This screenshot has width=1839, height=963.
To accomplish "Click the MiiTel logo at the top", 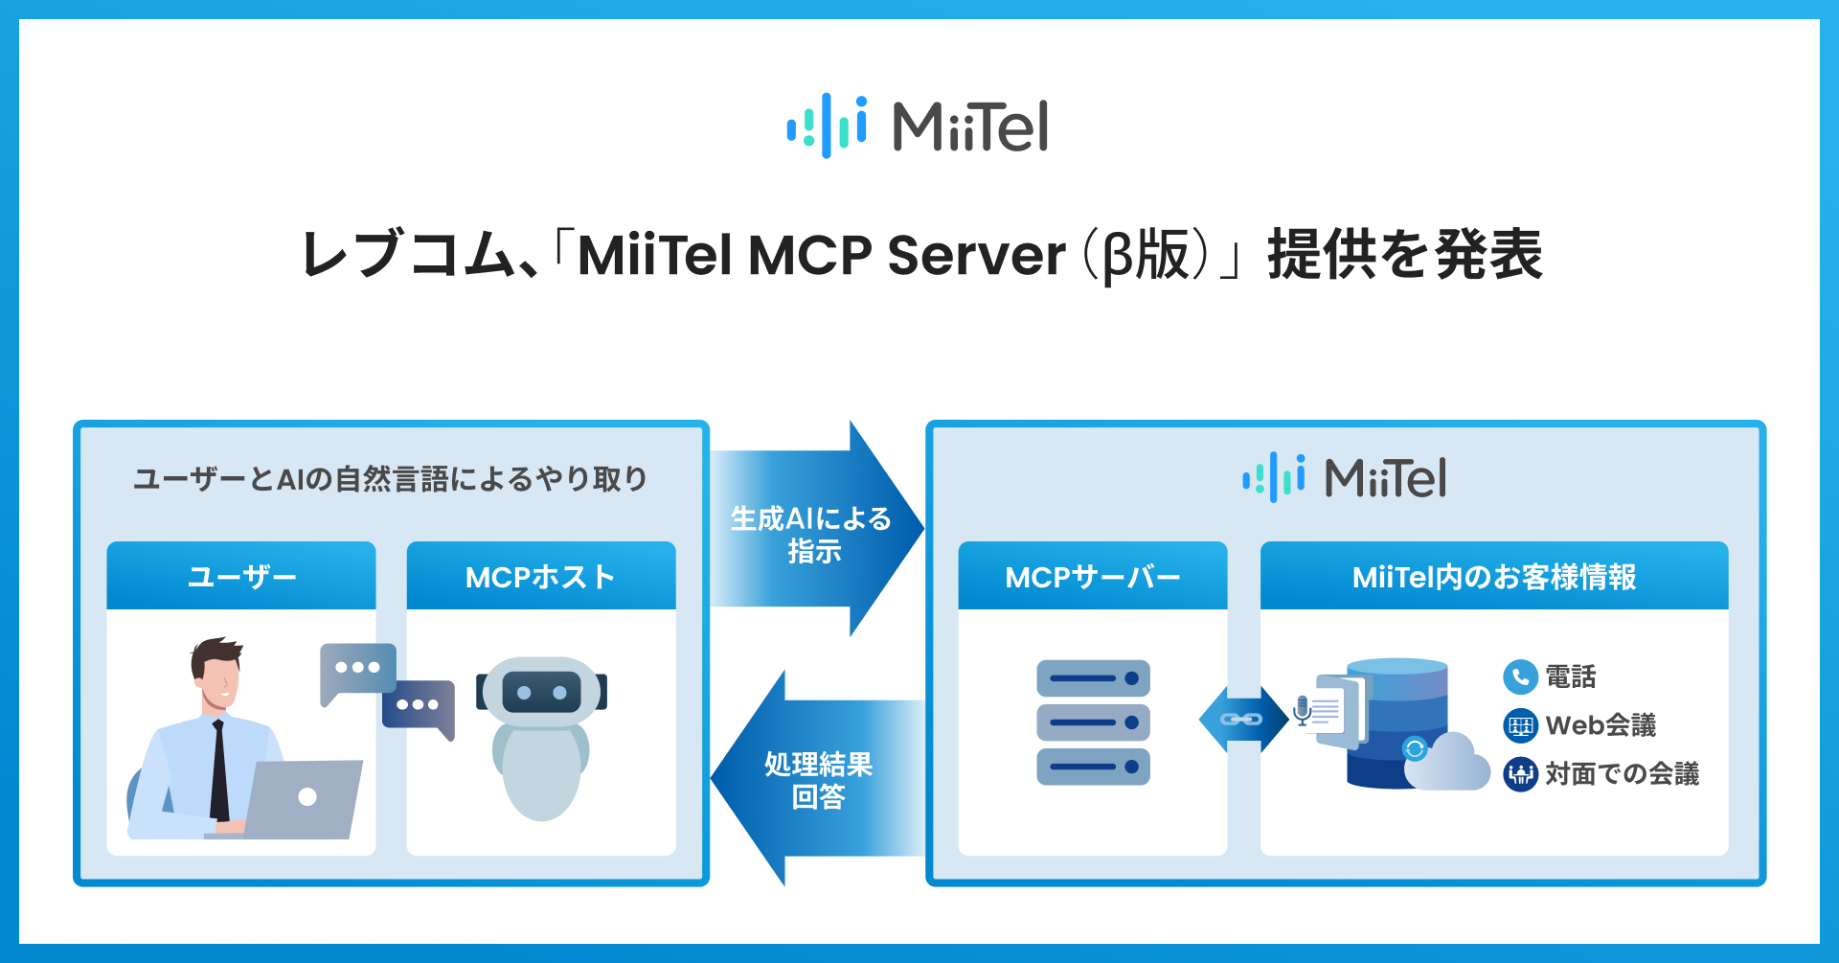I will coord(918,126).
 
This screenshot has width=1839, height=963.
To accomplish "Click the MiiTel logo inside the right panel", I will coord(1344,477).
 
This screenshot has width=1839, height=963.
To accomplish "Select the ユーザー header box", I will coord(241,576).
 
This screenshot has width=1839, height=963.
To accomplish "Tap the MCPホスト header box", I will coord(541,576).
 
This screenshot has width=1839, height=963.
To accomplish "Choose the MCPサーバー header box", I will coord(1093,576).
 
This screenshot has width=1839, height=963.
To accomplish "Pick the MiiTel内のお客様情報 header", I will coord(1494,576).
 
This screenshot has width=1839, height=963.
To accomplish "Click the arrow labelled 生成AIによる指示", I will coord(814,530).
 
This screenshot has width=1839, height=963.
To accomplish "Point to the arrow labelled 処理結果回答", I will coord(816,778).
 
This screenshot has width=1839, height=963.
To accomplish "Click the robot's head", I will coord(541,691).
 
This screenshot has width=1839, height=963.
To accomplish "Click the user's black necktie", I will coord(219,771).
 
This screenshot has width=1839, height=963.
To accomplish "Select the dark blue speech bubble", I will coord(419,706).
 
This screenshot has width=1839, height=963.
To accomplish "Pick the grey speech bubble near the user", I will coord(357,669).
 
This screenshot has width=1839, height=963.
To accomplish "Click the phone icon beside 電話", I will coord(1519,677).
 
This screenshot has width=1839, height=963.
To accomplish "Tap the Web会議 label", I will coord(1601,725).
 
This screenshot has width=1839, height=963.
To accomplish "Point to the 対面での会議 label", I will coord(1622,773).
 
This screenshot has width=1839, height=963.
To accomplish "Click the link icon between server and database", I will coord(1242,719).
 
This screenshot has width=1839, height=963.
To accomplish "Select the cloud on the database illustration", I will coord(1448,764).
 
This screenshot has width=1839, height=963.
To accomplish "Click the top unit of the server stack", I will coord(1093,678).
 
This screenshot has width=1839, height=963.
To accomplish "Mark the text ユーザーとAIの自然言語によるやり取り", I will coord(391,478).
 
